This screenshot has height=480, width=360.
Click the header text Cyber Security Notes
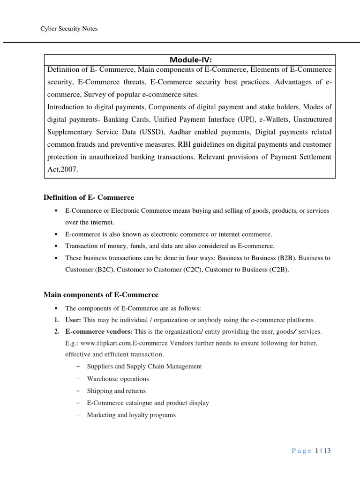pyautogui.click(x=69, y=29)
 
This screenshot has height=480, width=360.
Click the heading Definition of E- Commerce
pyautogui.click(x=89, y=197)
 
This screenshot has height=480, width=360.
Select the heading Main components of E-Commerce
pyautogui.click(x=101, y=295)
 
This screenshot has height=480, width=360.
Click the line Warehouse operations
pyautogui.click(x=118, y=378)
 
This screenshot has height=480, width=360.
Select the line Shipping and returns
pyautogui.click(x=116, y=390)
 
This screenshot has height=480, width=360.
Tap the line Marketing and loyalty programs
pyautogui.click(x=131, y=415)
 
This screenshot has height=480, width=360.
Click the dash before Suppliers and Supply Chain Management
pyautogui.click(x=77, y=366)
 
